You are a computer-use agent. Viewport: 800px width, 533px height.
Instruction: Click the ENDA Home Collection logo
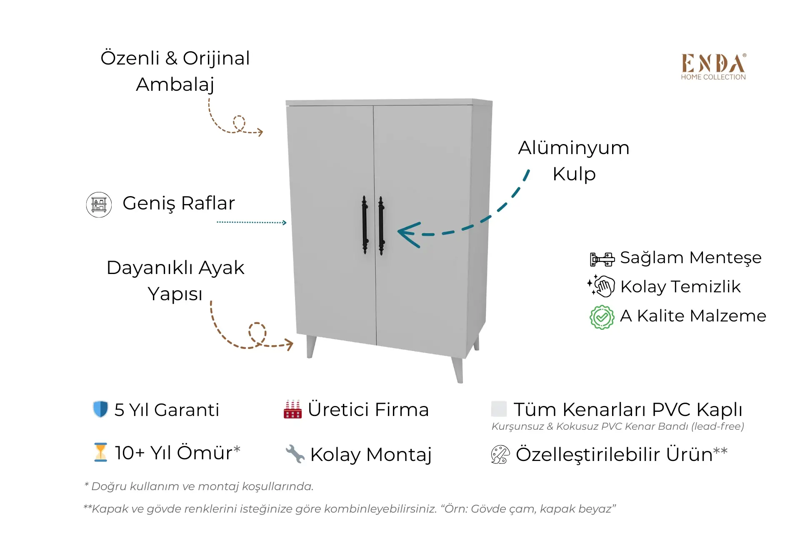[x=713, y=67]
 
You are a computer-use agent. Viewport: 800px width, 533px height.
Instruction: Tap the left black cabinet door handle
[x=365, y=225]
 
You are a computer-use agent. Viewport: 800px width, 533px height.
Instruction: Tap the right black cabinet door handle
[x=381, y=226]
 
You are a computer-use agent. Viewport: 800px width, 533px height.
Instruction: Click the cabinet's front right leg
[x=457, y=370]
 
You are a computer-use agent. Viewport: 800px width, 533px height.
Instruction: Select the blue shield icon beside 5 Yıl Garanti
[x=100, y=409]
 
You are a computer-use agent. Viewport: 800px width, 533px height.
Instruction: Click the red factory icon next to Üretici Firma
[x=292, y=409]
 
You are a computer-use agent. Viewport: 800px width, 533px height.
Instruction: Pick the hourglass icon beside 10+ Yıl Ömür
[x=100, y=452]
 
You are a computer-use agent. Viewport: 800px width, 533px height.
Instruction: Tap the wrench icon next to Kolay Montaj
[x=295, y=454]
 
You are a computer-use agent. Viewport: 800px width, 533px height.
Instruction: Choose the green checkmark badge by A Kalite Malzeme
[x=602, y=317]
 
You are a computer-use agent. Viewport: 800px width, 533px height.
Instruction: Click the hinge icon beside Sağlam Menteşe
[x=602, y=259]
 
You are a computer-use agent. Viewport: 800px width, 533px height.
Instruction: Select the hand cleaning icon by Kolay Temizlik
[x=601, y=286]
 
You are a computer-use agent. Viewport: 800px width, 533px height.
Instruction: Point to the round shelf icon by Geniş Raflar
[x=99, y=204]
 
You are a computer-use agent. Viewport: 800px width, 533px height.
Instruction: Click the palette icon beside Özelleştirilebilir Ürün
[x=500, y=454]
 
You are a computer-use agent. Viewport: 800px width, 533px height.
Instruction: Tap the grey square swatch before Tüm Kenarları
[x=499, y=409]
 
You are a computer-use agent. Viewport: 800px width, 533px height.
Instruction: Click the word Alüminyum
[x=574, y=148]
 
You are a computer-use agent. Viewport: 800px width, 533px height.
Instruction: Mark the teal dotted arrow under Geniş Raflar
[x=252, y=222]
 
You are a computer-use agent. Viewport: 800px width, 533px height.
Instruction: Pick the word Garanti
[x=186, y=410]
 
